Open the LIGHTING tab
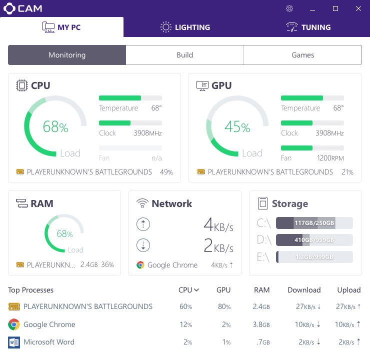click(185, 27)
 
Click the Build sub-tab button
click(184, 55)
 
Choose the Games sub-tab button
click(302, 55)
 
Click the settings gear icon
click(289, 8)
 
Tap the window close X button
click(358, 8)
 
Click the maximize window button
click(335, 8)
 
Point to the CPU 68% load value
click(55, 127)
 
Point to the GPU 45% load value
click(237, 127)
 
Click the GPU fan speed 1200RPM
click(330, 158)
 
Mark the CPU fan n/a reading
click(156, 158)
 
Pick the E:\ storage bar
click(314, 257)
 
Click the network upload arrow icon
click(143, 224)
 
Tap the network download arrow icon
click(143, 245)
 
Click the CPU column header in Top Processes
click(188, 290)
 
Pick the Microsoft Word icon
click(14, 342)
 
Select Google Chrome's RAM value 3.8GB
click(261, 324)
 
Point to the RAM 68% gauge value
click(65, 234)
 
